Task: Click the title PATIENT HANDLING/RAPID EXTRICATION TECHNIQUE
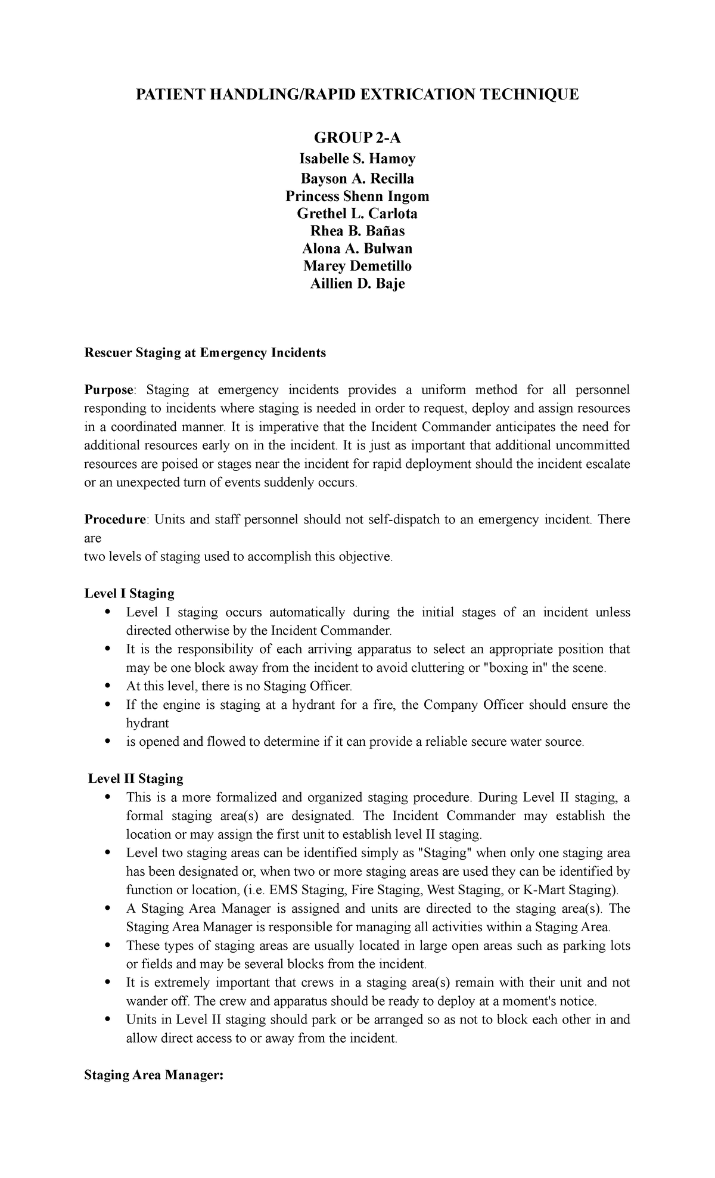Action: click(x=357, y=95)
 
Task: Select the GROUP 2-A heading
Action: click(x=357, y=139)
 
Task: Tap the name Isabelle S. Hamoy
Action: click(x=357, y=159)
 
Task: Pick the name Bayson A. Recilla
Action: click(x=357, y=179)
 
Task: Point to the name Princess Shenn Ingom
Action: click(x=357, y=196)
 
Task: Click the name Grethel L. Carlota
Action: click(x=357, y=213)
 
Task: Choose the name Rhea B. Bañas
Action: click(x=357, y=231)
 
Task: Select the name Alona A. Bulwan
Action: click(x=357, y=248)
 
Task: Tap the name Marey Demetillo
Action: click(x=357, y=266)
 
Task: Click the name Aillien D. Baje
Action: click(x=357, y=284)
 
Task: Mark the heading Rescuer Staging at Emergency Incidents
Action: click(x=205, y=353)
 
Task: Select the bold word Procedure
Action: click(x=116, y=520)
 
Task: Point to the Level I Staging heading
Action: click(x=129, y=594)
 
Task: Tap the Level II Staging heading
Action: click(x=136, y=779)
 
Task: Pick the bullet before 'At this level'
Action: click(x=107, y=686)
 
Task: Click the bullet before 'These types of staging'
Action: click(x=107, y=945)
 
